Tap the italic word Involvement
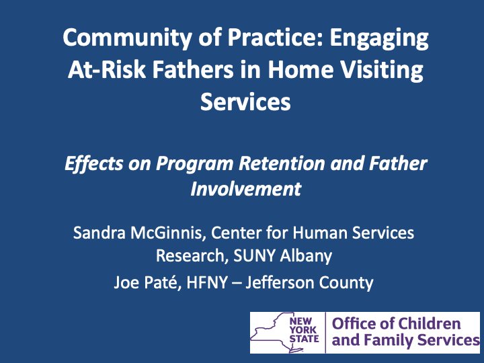(x=245, y=189)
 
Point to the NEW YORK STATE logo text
(x=304, y=331)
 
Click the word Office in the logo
(x=353, y=323)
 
